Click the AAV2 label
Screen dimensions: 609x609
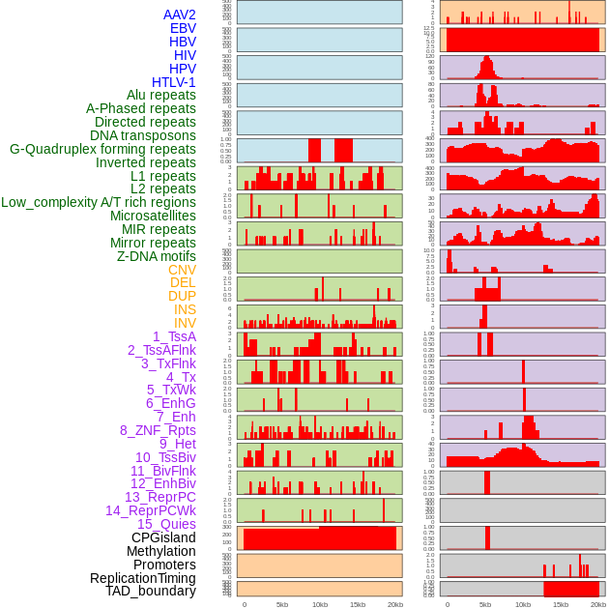(180, 14)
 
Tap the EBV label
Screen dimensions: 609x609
(183, 28)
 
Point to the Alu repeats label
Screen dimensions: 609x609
(161, 95)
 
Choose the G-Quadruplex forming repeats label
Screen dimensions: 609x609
(102, 149)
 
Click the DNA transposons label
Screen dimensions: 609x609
(143, 135)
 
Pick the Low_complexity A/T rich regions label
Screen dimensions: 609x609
(99, 202)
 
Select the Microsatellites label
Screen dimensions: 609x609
(153, 216)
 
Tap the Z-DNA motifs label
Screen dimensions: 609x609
(157, 256)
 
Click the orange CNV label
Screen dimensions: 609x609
(182, 270)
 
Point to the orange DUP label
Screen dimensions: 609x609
(182, 296)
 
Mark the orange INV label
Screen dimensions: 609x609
(185, 323)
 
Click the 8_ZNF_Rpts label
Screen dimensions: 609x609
(158, 430)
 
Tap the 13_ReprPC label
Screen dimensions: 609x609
(159, 497)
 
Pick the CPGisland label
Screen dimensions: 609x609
(163, 537)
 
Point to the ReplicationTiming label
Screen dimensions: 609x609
(142, 578)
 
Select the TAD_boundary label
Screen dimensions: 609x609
(151, 591)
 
